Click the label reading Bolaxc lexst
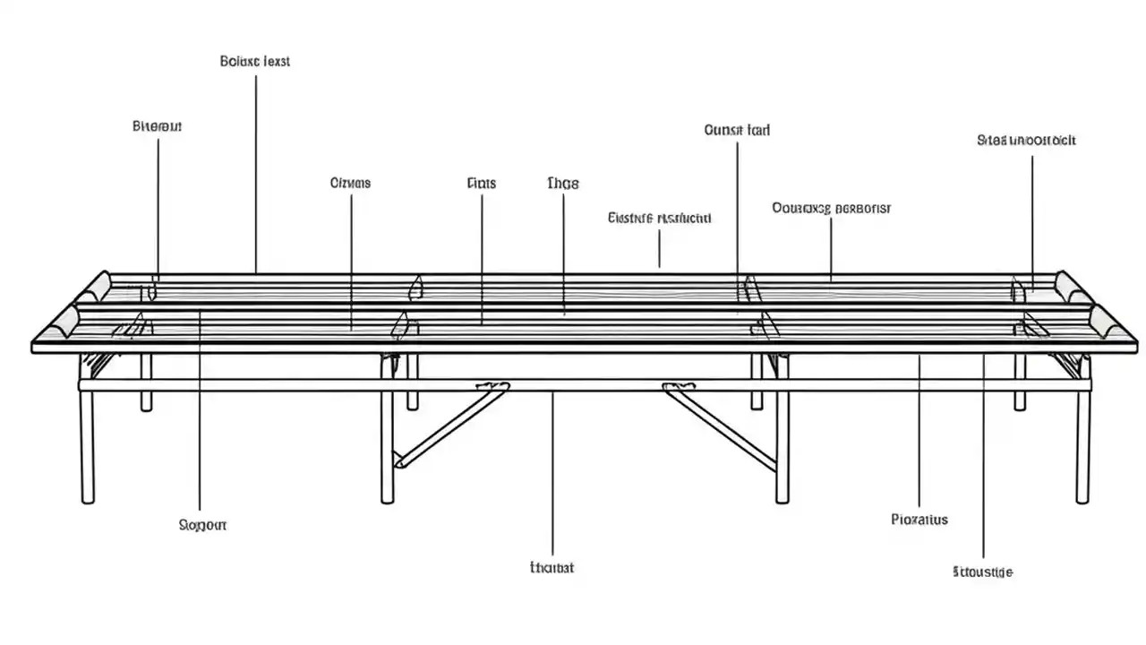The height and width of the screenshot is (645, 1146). [255, 62]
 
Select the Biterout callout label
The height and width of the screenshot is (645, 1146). [158, 126]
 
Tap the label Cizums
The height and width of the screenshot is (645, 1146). [350, 183]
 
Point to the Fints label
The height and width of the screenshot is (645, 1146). [481, 183]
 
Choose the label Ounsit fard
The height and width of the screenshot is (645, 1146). [737, 130]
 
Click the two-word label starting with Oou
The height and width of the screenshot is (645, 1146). [831, 208]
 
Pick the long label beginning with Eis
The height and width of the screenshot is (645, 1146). [659, 218]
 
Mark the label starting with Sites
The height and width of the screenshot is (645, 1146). [1026, 140]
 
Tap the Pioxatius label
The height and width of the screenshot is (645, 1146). [919, 519]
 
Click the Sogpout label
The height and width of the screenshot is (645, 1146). [202, 524]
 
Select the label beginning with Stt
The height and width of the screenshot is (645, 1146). [982, 571]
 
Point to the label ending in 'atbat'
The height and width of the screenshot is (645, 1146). [552, 567]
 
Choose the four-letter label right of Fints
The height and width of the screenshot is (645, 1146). [562, 183]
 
